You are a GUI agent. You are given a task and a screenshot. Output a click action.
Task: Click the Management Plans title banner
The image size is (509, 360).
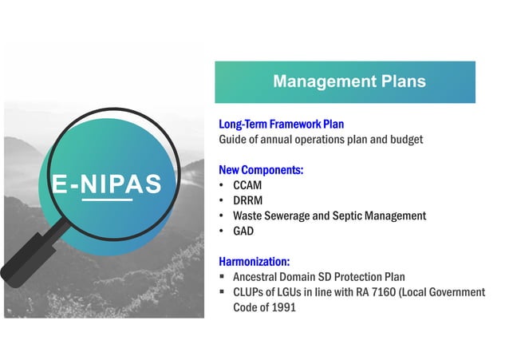click(x=349, y=82)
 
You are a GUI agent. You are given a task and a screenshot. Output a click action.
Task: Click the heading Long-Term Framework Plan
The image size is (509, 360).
click(x=281, y=125)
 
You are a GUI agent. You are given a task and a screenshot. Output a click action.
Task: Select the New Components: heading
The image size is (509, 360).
click(x=261, y=170)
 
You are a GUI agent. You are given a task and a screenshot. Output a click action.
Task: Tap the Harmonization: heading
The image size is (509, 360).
click(x=254, y=261)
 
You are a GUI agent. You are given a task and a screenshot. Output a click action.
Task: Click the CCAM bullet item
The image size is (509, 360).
click(x=247, y=185)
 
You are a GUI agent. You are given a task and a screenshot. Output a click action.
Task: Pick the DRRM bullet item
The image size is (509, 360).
click(x=248, y=200)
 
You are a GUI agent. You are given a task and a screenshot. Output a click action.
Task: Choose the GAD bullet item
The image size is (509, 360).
click(x=243, y=231)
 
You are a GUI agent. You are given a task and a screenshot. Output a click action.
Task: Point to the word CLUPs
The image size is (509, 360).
click(x=248, y=292)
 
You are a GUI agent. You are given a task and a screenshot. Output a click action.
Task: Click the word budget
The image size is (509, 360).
click(x=404, y=140)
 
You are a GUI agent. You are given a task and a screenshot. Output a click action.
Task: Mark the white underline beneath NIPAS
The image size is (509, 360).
click(x=107, y=200)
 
